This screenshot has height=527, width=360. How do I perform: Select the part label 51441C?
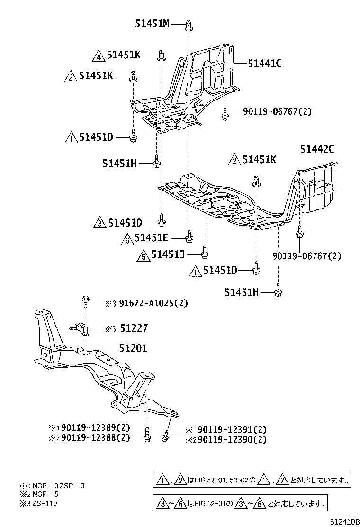pos(264,63)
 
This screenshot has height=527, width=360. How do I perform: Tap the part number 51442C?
pos(317,149)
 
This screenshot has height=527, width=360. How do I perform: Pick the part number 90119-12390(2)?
pos(232,439)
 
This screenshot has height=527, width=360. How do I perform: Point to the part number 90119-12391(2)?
pos(232,429)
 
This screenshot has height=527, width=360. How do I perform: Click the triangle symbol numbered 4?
pos(98,56)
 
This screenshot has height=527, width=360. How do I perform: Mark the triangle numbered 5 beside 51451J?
pos(143,256)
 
